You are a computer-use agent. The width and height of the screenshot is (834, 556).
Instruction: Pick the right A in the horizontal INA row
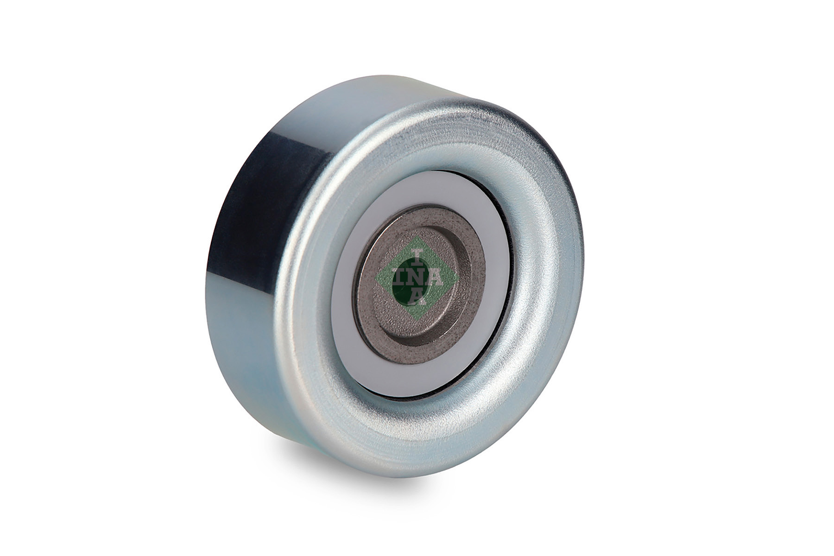click(436, 278)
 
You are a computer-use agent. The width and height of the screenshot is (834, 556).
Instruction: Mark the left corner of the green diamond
click(374, 278)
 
